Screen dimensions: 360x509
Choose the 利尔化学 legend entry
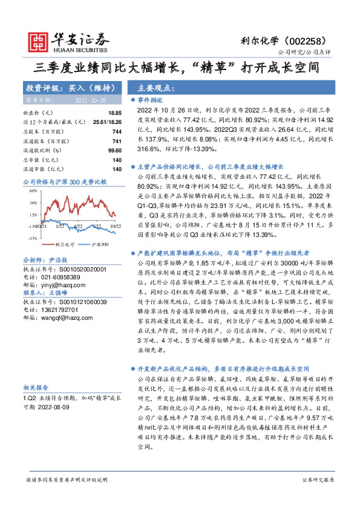(65, 244)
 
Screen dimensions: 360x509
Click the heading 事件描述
(151, 99)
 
